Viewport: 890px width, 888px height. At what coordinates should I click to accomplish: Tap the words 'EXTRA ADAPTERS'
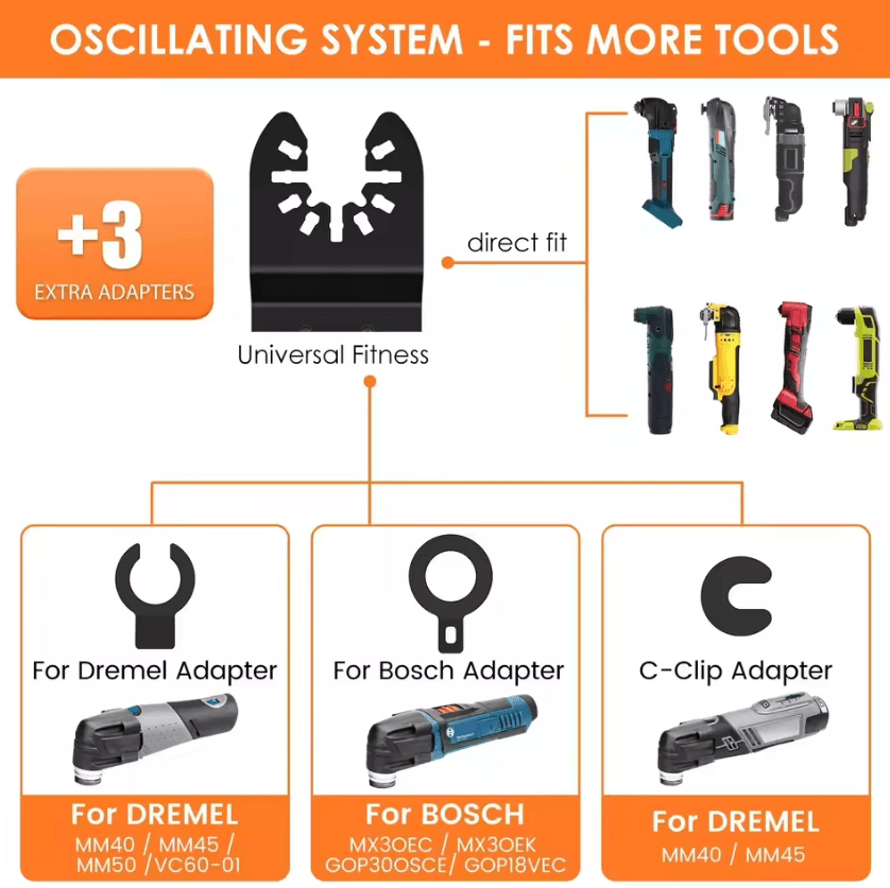pos(114,292)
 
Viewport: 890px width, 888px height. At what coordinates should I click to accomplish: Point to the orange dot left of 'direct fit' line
pos(448,263)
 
